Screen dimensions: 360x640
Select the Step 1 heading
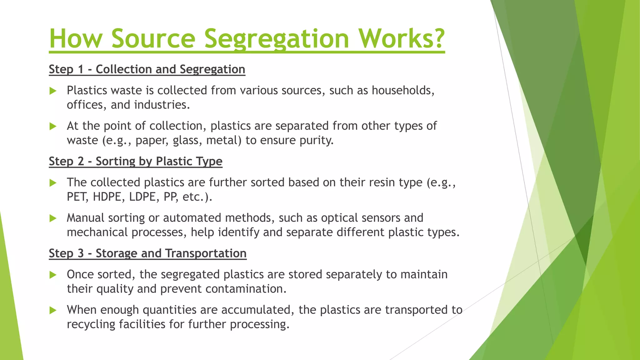pos(147,69)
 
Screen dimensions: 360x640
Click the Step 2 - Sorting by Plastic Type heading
pos(136,161)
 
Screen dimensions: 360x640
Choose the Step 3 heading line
pos(147,253)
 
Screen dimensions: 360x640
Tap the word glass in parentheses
pos(187,140)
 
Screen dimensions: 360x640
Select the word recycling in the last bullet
pos(91,324)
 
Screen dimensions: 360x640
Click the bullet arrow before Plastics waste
pos(53,91)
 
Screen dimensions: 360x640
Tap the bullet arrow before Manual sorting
pos(53,218)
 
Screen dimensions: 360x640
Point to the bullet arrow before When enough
pos(53,310)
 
